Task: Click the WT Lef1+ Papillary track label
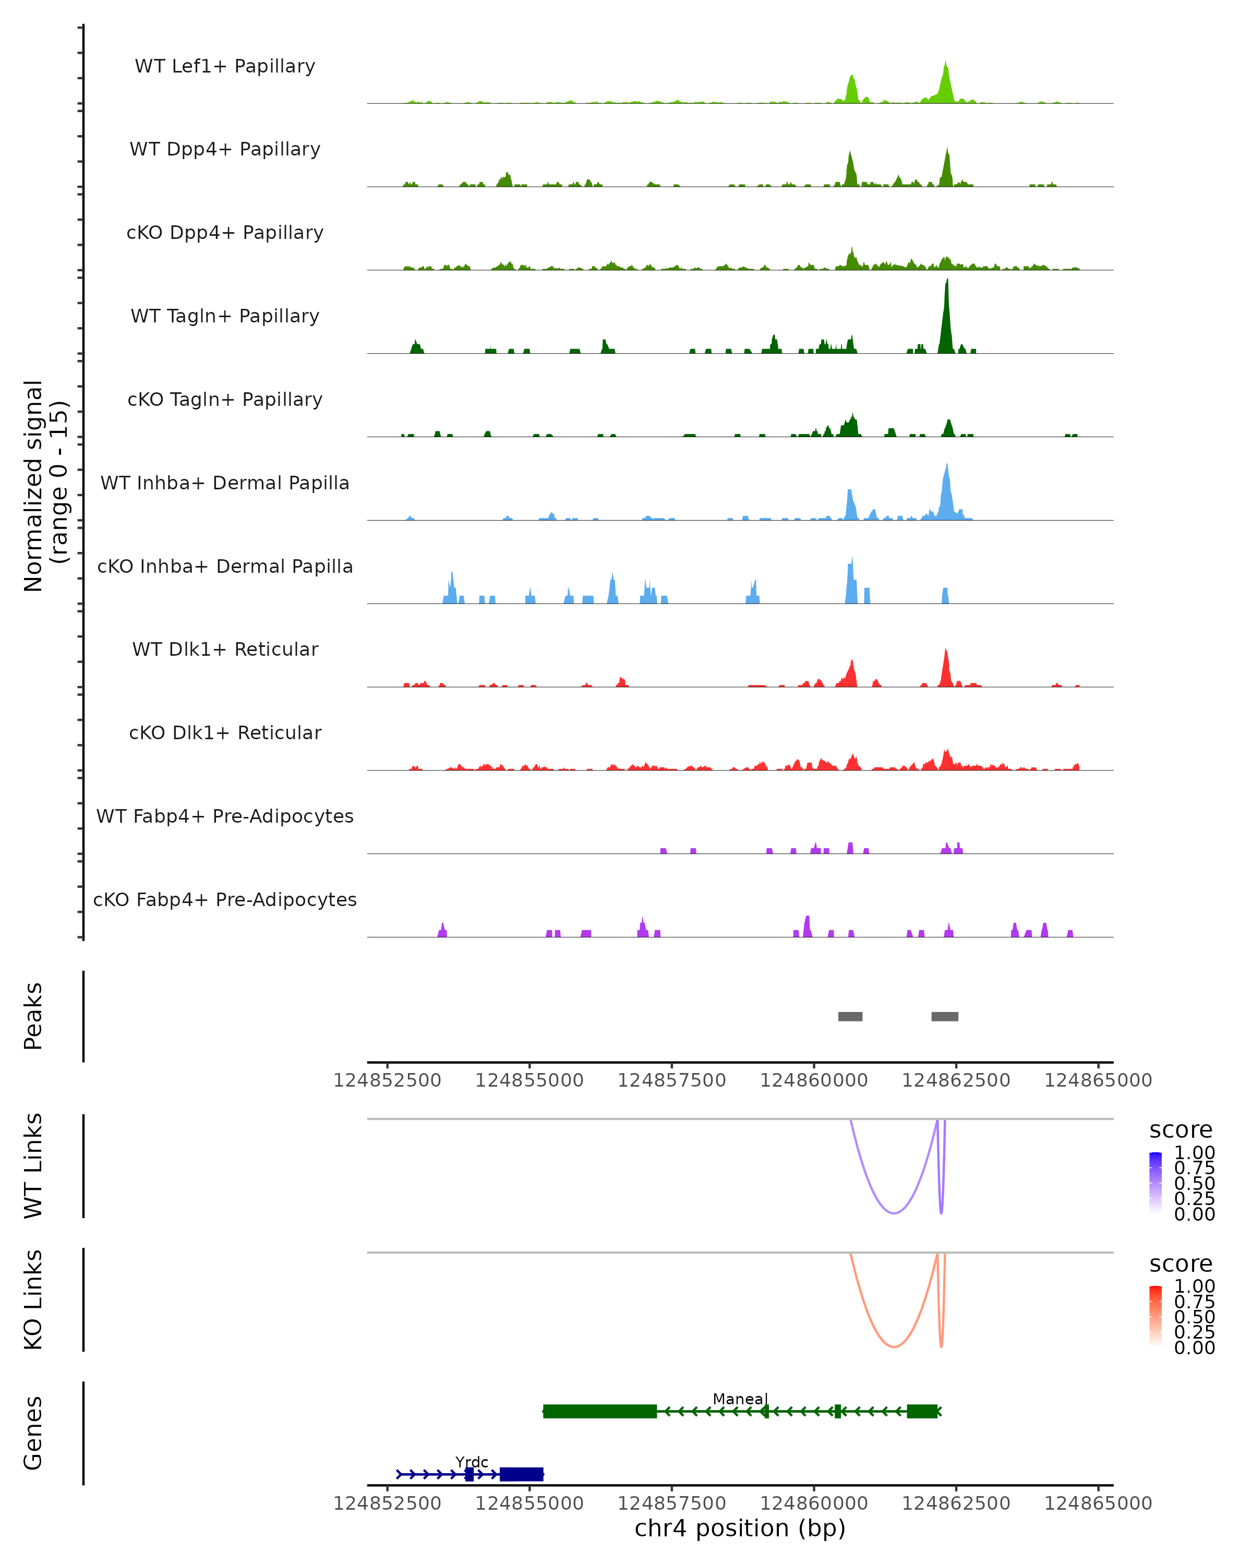click(225, 66)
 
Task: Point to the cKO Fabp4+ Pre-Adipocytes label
click(225, 899)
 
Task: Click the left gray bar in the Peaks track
click(850, 1016)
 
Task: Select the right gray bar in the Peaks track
click(944, 1016)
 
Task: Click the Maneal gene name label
click(740, 1399)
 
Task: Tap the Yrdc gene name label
click(472, 1462)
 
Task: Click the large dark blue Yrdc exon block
click(521, 1474)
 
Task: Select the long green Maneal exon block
click(599, 1411)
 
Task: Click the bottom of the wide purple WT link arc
click(894, 1213)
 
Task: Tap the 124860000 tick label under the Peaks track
click(814, 1080)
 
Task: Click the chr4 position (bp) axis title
click(740, 1528)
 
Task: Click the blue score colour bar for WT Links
click(1155, 1183)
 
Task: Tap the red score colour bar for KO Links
click(1155, 1317)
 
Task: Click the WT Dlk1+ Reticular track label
click(225, 649)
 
